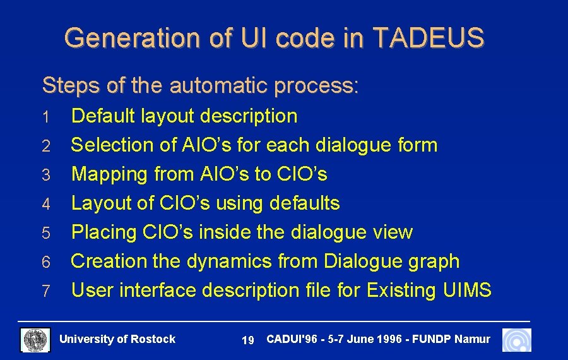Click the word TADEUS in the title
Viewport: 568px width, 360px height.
[x=429, y=38]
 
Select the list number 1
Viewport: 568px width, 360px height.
[x=45, y=117]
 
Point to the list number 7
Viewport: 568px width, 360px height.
[x=45, y=292]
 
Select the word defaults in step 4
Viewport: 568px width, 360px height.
[x=304, y=203]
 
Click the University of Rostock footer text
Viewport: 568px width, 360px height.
[x=117, y=340]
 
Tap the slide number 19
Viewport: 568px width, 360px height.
[x=248, y=341]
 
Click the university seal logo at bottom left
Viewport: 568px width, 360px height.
[x=35, y=340]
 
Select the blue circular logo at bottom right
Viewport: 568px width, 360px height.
[x=516, y=340]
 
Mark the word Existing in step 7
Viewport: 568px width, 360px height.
[x=401, y=291]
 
